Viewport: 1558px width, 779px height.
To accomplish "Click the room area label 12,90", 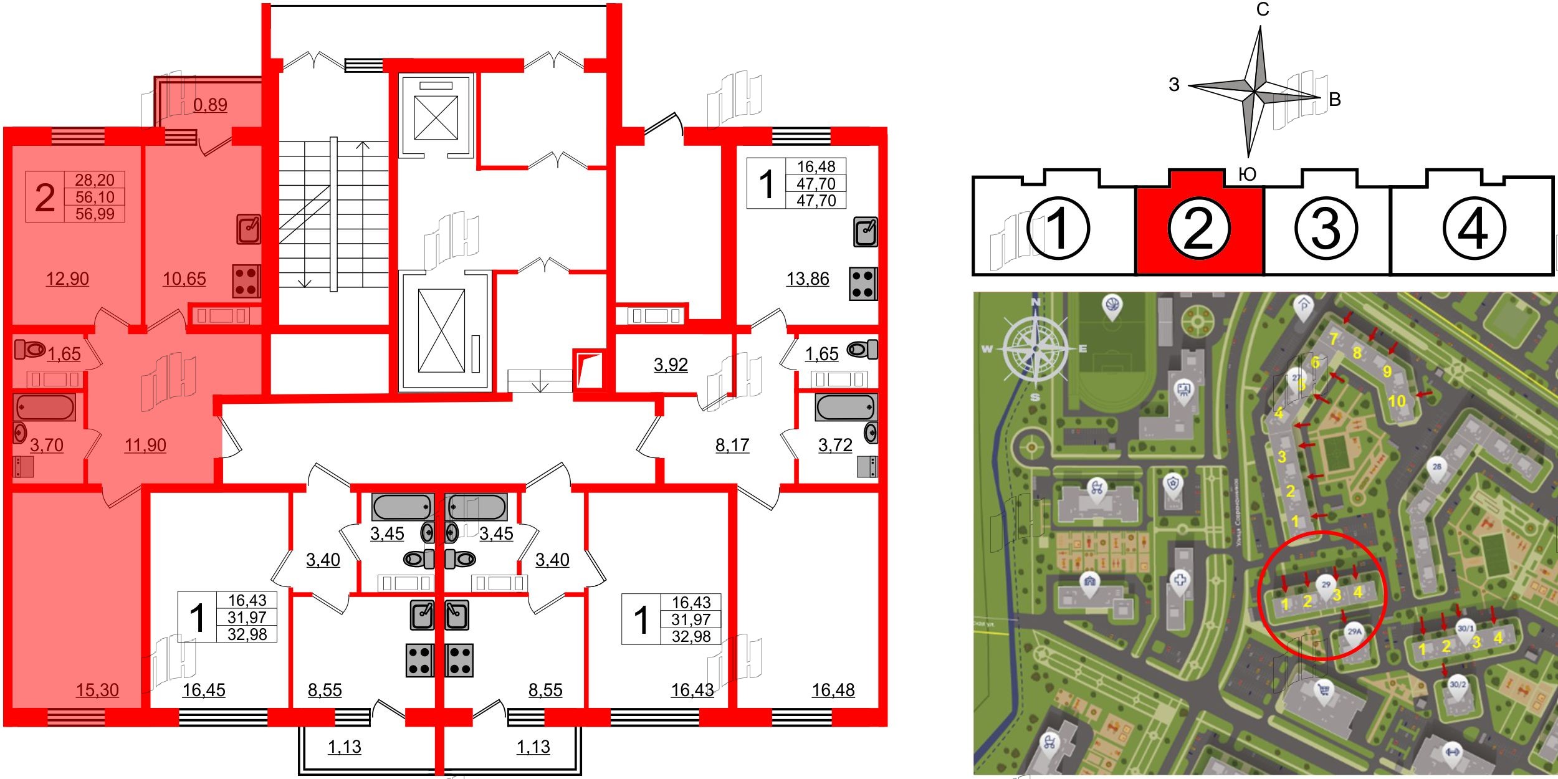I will coord(67,279).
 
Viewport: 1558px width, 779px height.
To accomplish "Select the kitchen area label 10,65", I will coord(184,279).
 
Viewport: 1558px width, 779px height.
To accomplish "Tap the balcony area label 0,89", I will coord(210,105).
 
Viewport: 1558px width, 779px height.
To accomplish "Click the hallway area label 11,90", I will coord(145,445).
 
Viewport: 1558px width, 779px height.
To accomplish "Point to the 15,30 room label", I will coord(97,690).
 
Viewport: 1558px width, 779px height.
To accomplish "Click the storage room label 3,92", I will coord(671,365).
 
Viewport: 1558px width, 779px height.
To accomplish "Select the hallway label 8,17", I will coord(732,445).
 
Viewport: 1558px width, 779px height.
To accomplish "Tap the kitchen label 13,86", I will coord(808,279).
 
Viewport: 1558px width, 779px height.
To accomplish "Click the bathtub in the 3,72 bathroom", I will coord(846,408).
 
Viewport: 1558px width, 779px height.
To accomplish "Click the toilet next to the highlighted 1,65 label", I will coord(29,350).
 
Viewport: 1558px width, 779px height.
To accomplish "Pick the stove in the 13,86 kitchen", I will coord(863,284).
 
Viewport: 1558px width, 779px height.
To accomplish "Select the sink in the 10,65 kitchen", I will coord(248,229).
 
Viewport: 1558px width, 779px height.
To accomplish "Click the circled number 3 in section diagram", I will coord(1326,229).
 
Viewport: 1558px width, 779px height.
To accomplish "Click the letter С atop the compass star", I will coord(1261,10).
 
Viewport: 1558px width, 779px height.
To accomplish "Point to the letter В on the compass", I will coord(1335,100).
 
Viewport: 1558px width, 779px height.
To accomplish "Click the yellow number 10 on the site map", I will coord(1397,401).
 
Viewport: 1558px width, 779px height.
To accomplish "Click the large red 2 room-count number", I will coord(45,198).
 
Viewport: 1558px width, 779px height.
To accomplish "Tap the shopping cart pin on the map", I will coord(1322,690).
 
